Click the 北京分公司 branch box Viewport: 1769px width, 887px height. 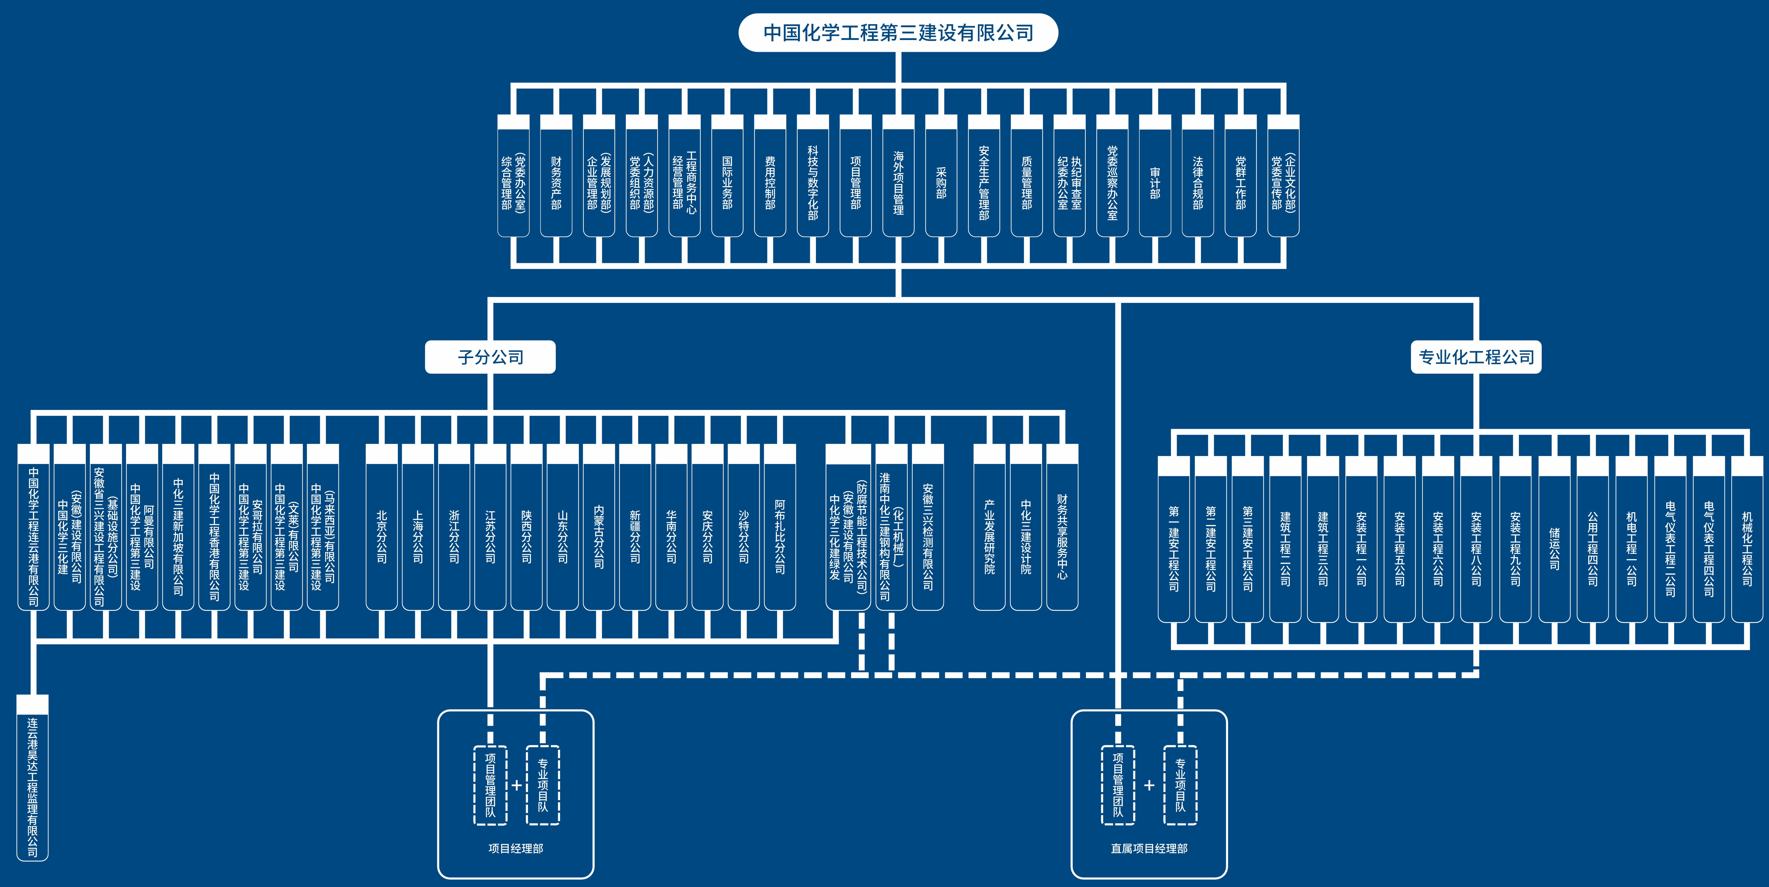[382, 536]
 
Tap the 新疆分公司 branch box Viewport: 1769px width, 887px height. [635, 536]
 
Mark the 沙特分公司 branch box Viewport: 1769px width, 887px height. [744, 536]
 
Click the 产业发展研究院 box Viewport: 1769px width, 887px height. [989, 536]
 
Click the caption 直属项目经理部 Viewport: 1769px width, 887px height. [1149, 849]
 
